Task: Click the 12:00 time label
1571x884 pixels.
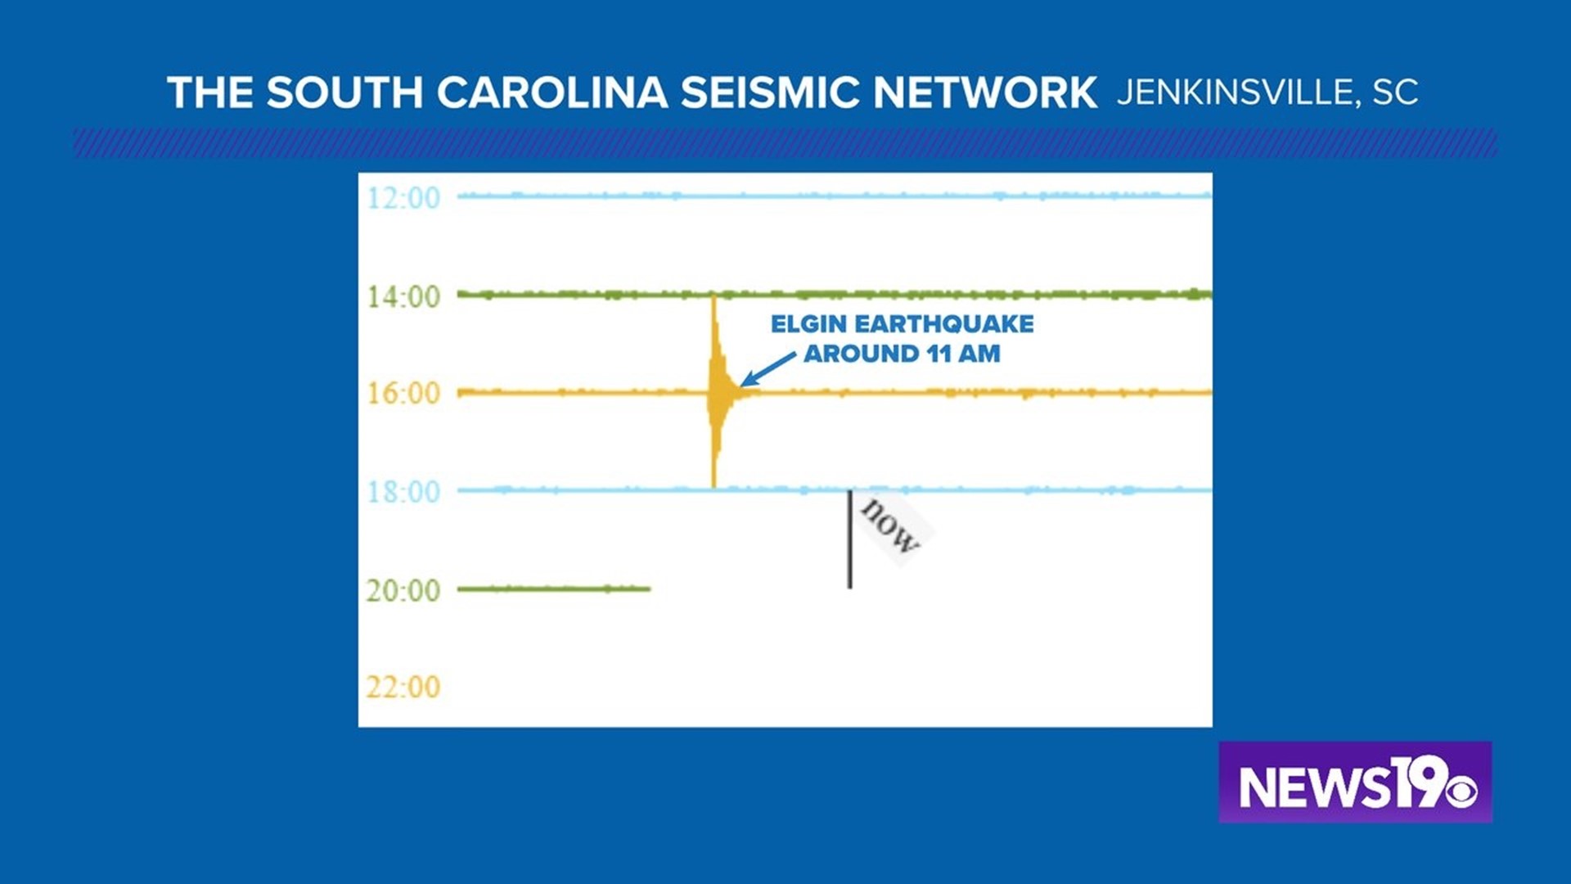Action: point(403,197)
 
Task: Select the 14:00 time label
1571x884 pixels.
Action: point(403,296)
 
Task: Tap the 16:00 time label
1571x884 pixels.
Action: point(403,394)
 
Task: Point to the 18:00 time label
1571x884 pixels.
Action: point(403,492)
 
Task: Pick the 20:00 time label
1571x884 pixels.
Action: point(403,590)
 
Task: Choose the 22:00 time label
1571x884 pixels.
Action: point(403,687)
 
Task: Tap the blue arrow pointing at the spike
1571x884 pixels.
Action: point(767,369)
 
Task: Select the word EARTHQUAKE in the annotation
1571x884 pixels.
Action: point(944,324)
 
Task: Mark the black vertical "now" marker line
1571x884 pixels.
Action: point(849,539)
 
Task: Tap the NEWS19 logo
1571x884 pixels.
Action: point(1355,783)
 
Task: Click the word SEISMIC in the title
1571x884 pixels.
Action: point(769,92)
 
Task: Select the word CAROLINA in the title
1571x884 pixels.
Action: point(552,92)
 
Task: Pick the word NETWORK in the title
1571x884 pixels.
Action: point(985,92)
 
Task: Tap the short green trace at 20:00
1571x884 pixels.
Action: point(554,589)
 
